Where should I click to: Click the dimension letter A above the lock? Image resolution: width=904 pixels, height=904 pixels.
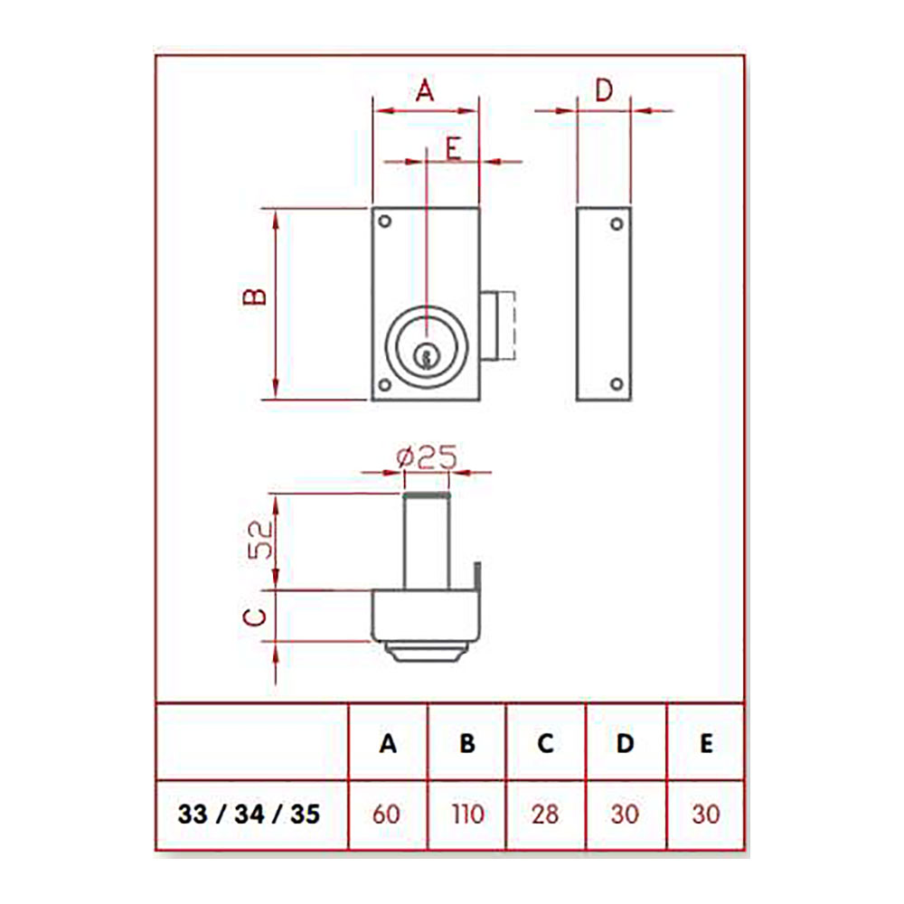click(x=425, y=90)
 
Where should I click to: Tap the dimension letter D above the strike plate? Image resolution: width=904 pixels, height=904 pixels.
click(x=604, y=90)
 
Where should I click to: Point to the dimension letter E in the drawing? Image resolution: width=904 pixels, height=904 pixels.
click(x=454, y=148)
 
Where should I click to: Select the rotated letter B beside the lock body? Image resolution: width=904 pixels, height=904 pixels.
click(x=255, y=297)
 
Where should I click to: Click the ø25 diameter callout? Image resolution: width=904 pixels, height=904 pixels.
click(x=427, y=457)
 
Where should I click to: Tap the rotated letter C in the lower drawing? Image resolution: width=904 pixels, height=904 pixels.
click(x=255, y=617)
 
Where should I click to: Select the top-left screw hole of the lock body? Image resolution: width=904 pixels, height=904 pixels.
click(x=384, y=221)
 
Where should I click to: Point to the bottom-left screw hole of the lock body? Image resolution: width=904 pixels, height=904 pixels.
click(x=384, y=385)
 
